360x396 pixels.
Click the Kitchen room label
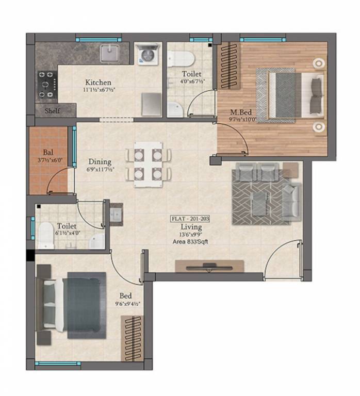[x=98, y=82]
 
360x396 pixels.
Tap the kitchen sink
[x=110, y=53]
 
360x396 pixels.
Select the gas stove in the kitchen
[x=46, y=81]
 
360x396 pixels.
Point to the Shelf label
[x=52, y=110]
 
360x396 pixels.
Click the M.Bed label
[x=240, y=112]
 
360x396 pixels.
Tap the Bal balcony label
[x=48, y=153]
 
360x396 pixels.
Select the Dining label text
[x=99, y=161]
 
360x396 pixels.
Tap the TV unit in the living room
[x=209, y=266]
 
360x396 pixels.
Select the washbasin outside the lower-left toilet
[x=116, y=212]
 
